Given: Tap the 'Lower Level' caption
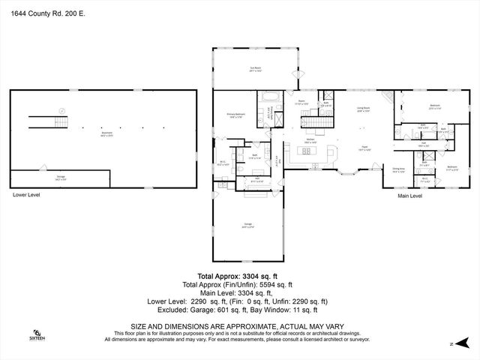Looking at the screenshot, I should click(x=26, y=195).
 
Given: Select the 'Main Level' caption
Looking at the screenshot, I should click(x=409, y=196).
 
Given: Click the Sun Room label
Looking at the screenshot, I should click(x=256, y=67).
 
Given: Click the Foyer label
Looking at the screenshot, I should click(x=364, y=147).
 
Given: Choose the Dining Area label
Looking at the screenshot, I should click(x=400, y=171).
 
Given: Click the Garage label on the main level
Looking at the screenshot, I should click(x=247, y=224).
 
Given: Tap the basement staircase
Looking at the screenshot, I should click(x=49, y=120).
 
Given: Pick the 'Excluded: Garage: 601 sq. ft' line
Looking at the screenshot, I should click(x=238, y=309).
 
